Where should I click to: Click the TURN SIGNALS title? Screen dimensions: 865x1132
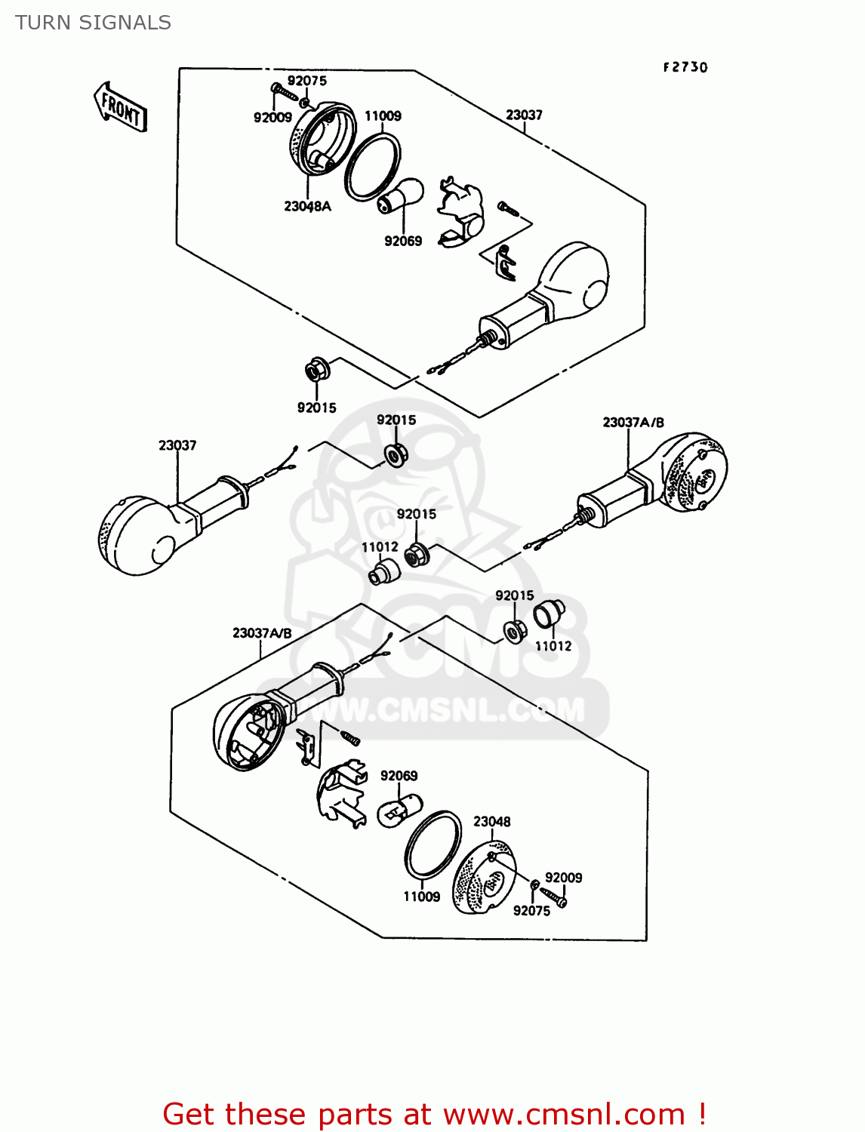point(93,23)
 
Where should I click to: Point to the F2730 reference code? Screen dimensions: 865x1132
point(685,67)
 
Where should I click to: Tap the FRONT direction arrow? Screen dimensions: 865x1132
point(120,108)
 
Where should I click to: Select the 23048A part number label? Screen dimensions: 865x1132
point(307,206)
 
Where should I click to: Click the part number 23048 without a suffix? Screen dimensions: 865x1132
point(491,821)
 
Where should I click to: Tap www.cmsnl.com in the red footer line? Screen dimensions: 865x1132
point(563,1114)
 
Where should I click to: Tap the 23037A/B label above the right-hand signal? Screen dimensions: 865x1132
point(633,423)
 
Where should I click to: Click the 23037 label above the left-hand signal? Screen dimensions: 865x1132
point(177,445)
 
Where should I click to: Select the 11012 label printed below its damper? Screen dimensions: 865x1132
point(553,646)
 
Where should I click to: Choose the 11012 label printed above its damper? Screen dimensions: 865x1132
point(380,547)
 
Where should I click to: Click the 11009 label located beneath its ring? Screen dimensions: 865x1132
point(421,897)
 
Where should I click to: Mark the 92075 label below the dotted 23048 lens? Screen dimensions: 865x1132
point(531,911)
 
